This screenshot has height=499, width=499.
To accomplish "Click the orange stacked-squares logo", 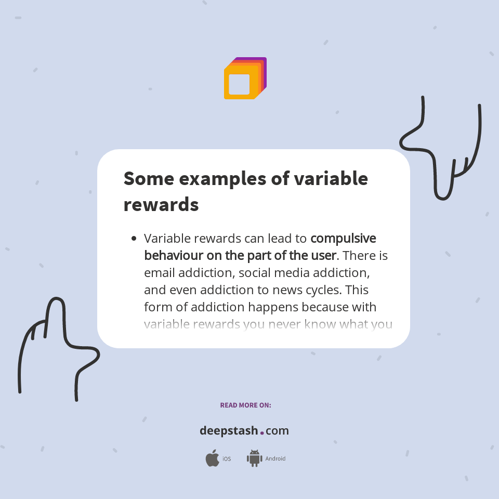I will (245, 78).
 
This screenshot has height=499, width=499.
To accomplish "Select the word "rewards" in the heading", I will (161, 204).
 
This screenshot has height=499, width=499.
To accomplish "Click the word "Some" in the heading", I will (148, 178).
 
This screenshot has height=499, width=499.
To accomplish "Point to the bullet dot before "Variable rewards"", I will (134, 239).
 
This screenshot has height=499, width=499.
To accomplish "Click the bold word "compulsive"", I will (343, 239).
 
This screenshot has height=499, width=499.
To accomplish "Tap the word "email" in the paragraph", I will (159, 272).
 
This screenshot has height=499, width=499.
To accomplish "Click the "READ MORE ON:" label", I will (245, 405).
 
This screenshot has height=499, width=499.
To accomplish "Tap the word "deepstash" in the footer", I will (229, 431).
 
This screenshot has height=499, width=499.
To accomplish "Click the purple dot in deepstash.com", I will (262, 432).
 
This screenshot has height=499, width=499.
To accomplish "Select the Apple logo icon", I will (212, 458).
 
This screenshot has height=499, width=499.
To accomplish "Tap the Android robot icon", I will (254, 458).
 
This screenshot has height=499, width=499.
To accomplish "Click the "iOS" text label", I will (227, 459).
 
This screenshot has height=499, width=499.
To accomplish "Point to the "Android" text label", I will (275, 459).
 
